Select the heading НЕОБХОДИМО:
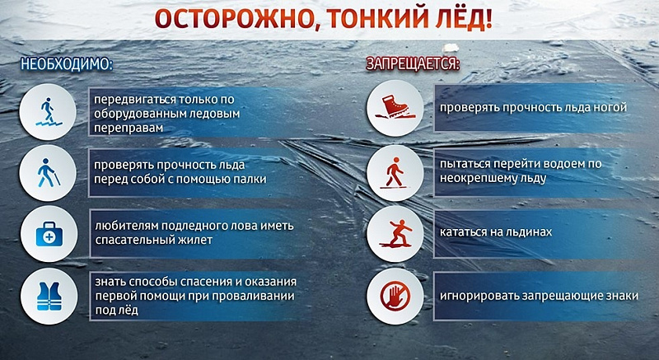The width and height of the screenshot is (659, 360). point(67,63)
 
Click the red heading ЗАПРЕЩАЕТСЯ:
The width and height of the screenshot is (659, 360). point(412,63)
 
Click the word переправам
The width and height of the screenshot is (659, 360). point(129,129)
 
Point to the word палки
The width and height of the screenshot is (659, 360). point(254,179)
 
